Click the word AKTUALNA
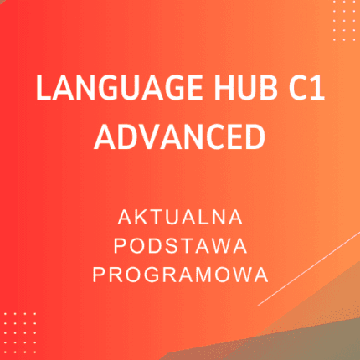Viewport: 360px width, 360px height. pyautogui.click(x=180, y=219)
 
